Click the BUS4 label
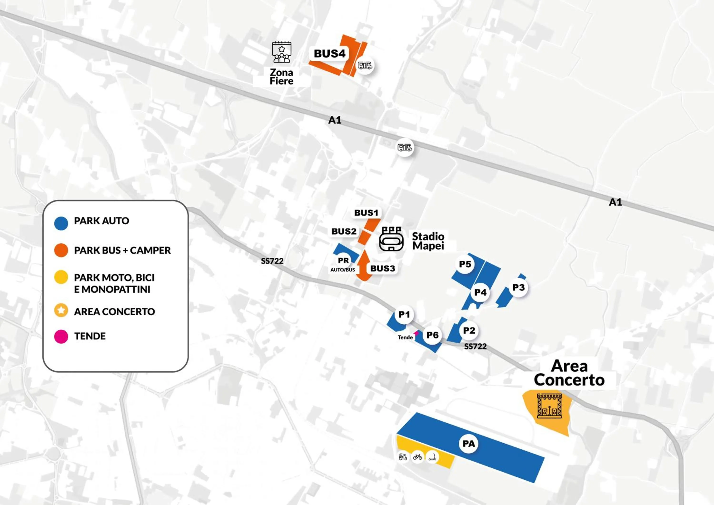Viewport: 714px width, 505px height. (x=329, y=54)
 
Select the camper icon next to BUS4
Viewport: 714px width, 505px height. (x=365, y=66)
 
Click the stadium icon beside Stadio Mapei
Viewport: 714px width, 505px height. (x=391, y=239)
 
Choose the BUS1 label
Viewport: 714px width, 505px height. (x=366, y=213)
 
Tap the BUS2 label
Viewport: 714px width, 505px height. (x=344, y=231)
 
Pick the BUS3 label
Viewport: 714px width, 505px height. (x=382, y=268)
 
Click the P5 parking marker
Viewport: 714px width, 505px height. (x=465, y=264)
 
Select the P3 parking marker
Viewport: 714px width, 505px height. (x=518, y=288)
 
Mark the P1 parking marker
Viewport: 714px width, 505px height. (x=404, y=315)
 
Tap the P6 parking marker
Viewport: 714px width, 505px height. (x=432, y=335)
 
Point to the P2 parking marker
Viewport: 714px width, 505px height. (x=469, y=331)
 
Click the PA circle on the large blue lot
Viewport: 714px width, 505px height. (x=469, y=444)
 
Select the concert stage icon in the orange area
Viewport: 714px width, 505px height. (x=550, y=406)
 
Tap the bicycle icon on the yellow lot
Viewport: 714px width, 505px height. (x=417, y=457)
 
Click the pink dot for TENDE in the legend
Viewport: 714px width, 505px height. (x=61, y=337)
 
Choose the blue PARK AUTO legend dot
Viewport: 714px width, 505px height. (x=61, y=223)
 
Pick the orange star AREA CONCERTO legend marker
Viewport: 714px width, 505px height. (x=61, y=310)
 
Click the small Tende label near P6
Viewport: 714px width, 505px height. (x=405, y=337)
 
